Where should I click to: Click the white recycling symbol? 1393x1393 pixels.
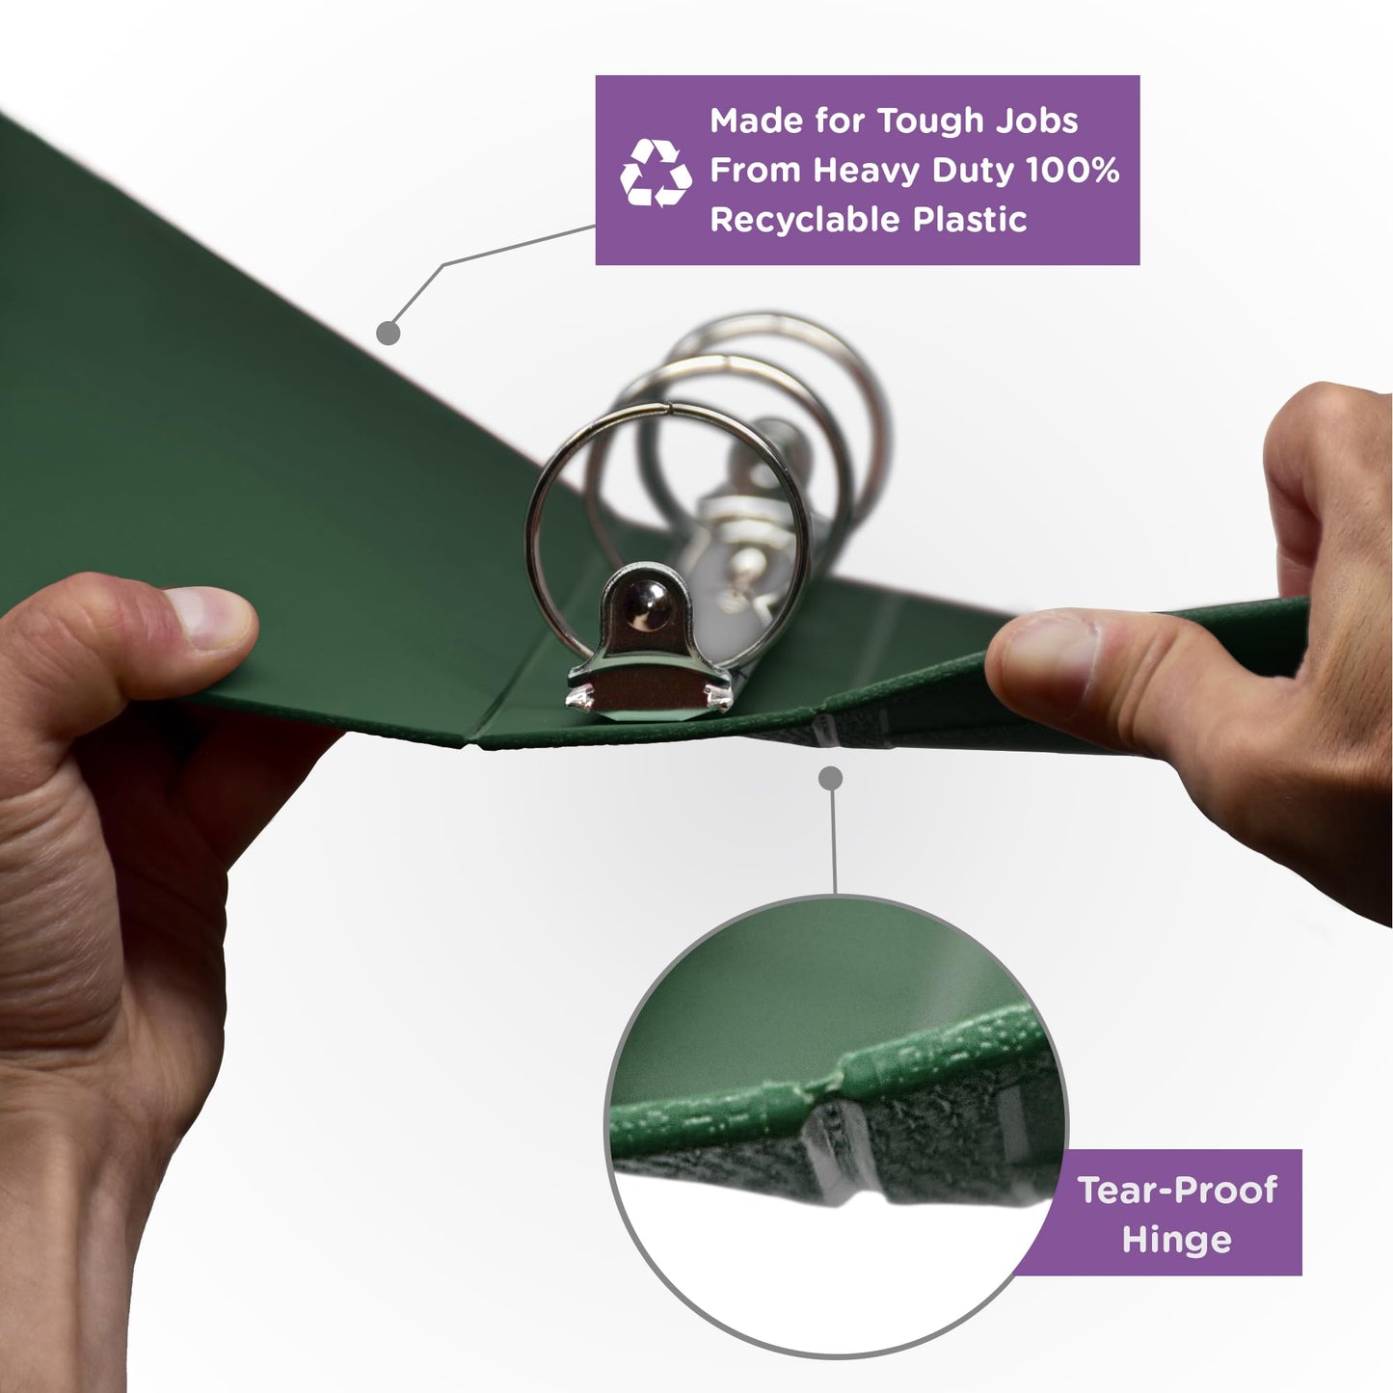pyautogui.click(x=656, y=174)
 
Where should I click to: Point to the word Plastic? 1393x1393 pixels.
pyautogui.click(x=970, y=219)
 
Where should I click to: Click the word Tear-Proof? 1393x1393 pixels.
pyautogui.click(x=1177, y=1190)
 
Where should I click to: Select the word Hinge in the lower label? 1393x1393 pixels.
pyautogui.click(x=1176, y=1240)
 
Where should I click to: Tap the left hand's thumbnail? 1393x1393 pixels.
pyautogui.click(x=209, y=617)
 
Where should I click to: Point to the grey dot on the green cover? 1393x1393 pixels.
pyautogui.click(x=388, y=333)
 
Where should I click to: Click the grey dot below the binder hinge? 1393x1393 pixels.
pyautogui.click(x=831, y=779)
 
